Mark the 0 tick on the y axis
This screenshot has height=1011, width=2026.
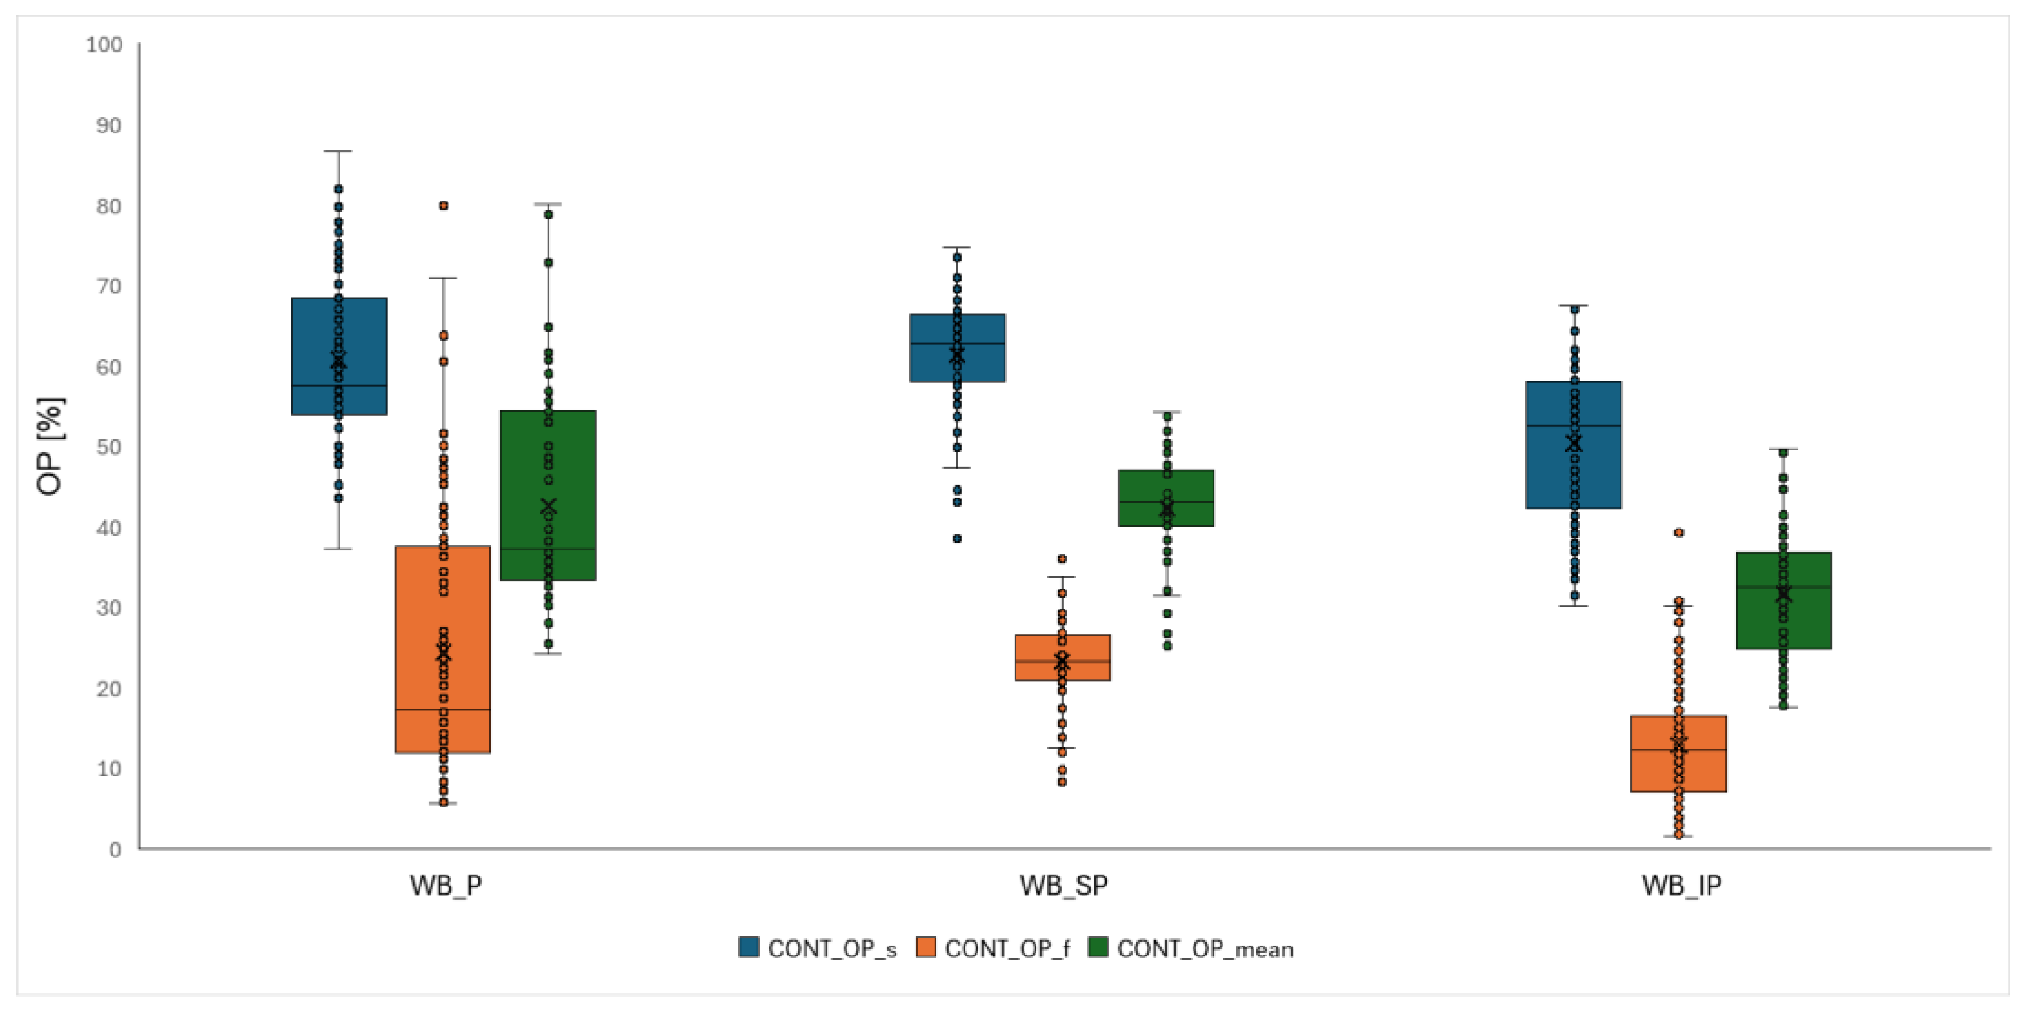115,850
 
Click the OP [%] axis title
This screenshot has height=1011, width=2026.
49,446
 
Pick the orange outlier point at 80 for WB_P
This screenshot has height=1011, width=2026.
443,205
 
